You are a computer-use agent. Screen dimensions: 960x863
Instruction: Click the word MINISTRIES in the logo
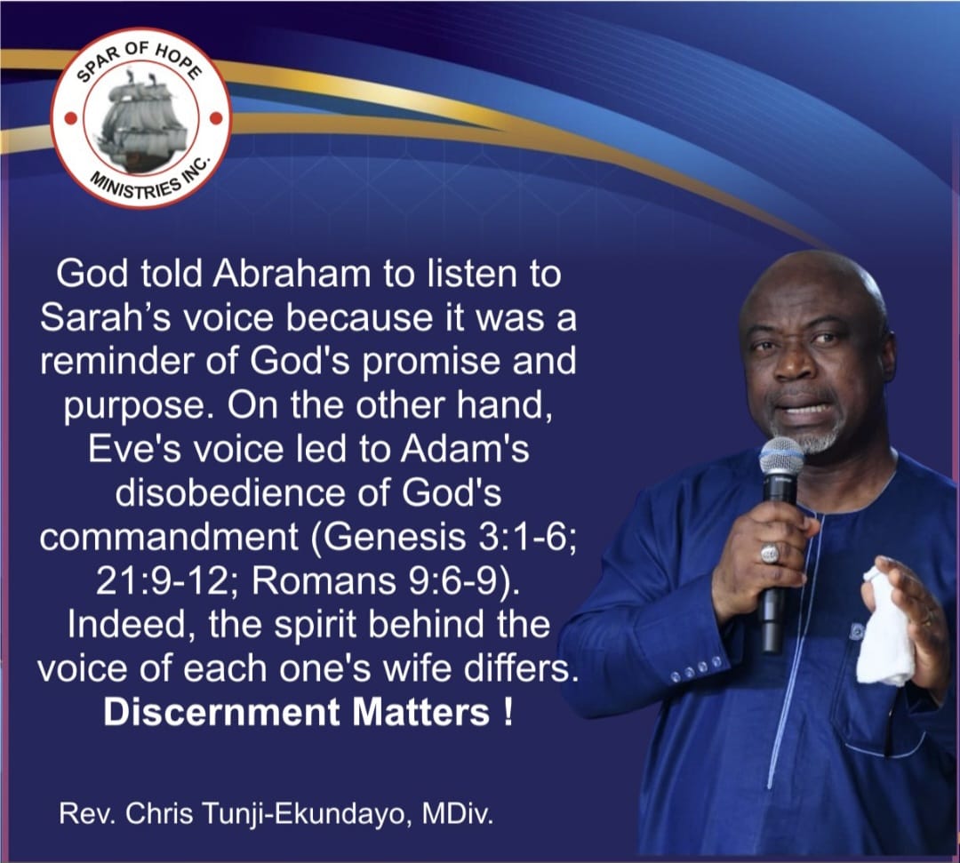coord(132,184)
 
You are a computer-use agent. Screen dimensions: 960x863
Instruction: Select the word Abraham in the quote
coord(291,275)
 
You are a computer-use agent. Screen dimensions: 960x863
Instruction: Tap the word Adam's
coord(465,449)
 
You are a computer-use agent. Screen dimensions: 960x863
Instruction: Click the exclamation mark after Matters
coord(508,713)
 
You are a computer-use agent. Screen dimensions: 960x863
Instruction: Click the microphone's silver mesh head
coord(782,462)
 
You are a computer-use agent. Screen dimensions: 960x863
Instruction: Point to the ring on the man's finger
coord(770,554)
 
